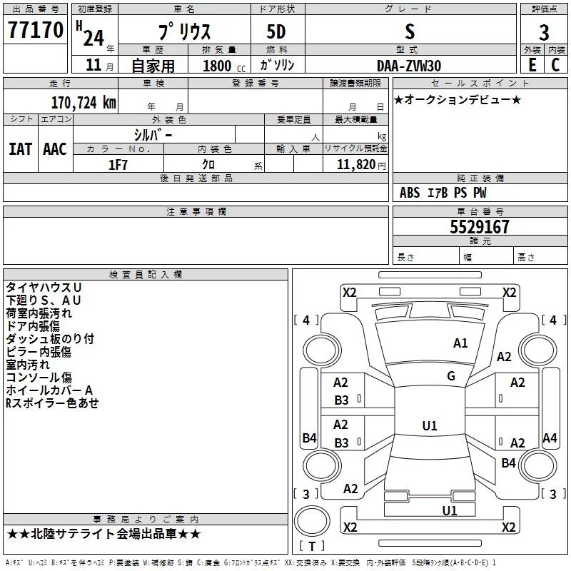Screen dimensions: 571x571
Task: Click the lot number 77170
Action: coord(35,30)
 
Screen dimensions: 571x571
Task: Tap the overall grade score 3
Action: coord(544,33)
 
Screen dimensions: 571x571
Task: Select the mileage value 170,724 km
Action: coord(84,103)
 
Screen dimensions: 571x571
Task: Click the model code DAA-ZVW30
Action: coord(409,66)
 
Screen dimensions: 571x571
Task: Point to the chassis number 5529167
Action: coord(479,227)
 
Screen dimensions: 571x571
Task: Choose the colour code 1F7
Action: coord(118,165)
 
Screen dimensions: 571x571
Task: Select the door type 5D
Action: coord(276,32)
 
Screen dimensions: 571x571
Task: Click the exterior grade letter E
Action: coord(532,65)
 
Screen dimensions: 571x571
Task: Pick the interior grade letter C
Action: coord(555,65)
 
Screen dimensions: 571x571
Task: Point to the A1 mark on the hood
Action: coord(460,343)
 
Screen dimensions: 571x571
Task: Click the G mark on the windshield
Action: coord(451,376)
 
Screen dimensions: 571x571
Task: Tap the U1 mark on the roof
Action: coord(430,425)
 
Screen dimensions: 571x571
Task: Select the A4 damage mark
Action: coord(550,438)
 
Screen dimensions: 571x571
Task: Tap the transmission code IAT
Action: coord(21,149)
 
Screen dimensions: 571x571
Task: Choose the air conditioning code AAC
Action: coord(55,149)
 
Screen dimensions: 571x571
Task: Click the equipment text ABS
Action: coord(410,193)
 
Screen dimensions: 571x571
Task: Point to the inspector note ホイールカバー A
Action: coord(49,390)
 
